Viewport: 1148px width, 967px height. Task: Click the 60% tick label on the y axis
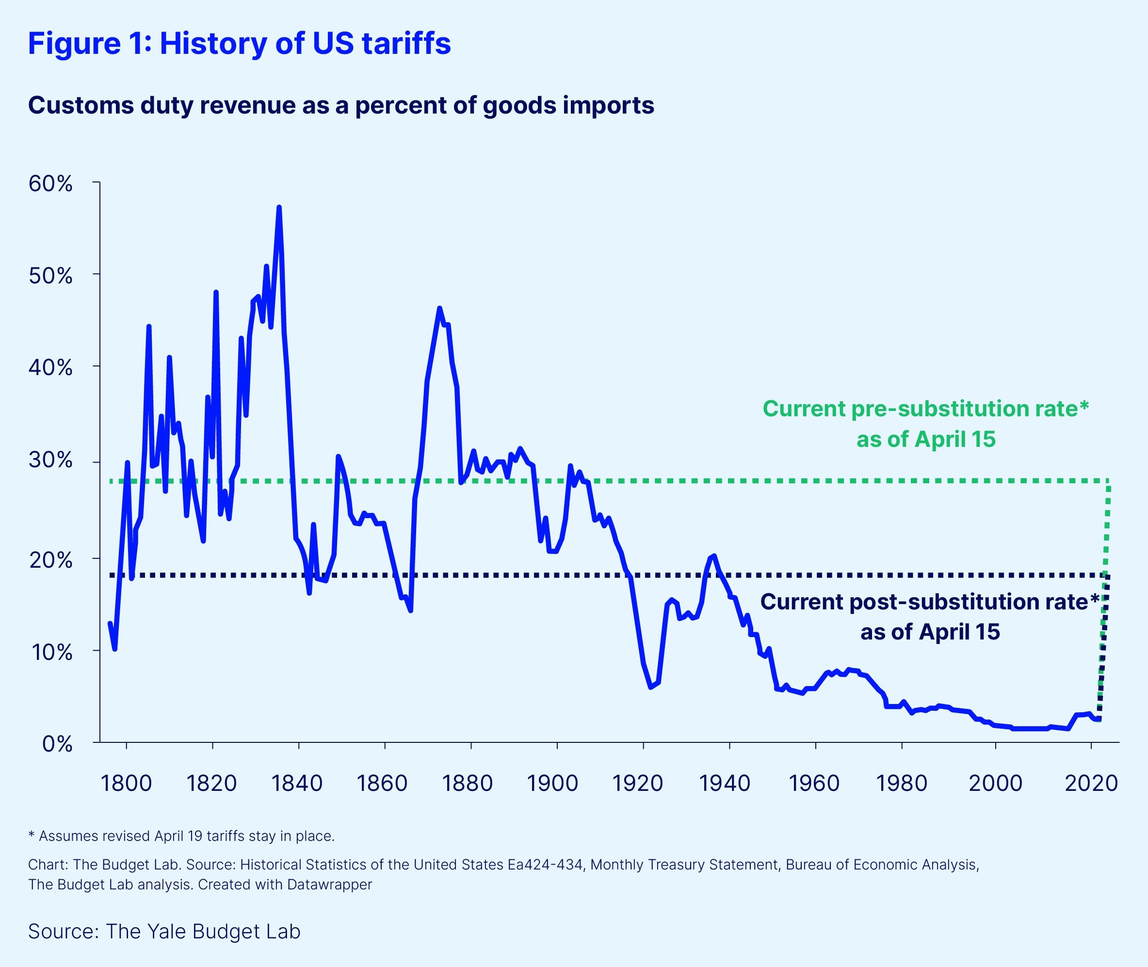click(50, 183)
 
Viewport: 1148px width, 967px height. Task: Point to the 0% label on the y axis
click(58, 744)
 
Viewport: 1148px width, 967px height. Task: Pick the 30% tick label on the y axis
click(50, 460)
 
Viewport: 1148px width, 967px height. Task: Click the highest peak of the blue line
click(279, 207)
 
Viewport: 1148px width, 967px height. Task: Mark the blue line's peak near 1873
click(439, 308)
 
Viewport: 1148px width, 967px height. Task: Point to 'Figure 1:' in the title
click(90, 43)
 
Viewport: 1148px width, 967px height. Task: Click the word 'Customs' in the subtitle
click(81, 105)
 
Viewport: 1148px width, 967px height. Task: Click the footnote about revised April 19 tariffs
click(181, 836)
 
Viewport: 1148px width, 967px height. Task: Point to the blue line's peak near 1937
click(713, 556)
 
